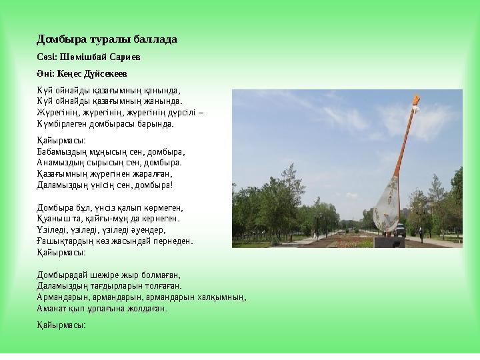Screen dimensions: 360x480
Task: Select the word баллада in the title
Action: click(x=157, y=39)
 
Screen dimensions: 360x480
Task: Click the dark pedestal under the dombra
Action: click(x=389, y=241)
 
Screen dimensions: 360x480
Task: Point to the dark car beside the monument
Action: click(x=401, y=229)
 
